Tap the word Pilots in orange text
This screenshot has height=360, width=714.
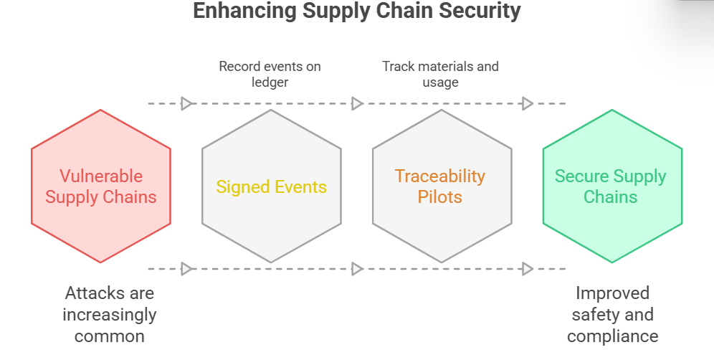point(441,196)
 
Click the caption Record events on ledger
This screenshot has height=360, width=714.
point(270,74)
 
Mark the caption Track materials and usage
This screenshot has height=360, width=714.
point(440,74)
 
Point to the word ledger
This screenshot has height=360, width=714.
point(270,82)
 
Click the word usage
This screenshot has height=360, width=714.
point(440,82)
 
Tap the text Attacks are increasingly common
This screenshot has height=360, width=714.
point(109,314)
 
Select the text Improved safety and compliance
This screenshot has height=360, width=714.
point(612,314)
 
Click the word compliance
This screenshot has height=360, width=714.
point(612,336)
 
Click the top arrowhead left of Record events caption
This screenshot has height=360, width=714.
point(186,103)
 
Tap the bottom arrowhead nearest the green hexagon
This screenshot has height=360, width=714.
point(528,269)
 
